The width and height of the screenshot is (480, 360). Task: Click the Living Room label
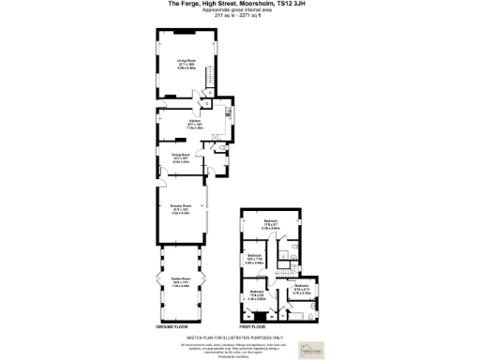[x=186, y=62]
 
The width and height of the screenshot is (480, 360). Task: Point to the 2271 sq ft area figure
[x=250, y=15]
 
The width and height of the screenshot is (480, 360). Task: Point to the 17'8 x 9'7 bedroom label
[x=271, y=225]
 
